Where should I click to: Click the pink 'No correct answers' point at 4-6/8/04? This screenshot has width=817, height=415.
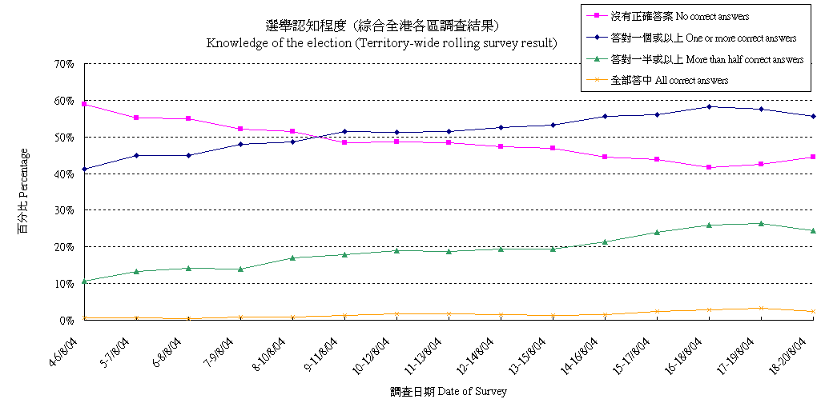click(84, 104)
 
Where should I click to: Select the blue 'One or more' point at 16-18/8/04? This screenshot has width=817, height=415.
click(709, 106)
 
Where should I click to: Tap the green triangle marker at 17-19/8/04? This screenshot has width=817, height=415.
click(761, 223)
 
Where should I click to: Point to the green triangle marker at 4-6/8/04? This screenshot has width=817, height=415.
click(84, 281)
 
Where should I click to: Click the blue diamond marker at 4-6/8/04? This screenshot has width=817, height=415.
click(84, 170)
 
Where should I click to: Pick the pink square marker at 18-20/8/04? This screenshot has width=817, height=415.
click(813, 157)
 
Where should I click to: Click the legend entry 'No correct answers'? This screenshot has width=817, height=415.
click(680, 16)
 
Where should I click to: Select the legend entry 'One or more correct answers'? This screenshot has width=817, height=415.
click(703, 38)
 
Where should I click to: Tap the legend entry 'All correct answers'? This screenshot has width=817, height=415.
click(669, 80)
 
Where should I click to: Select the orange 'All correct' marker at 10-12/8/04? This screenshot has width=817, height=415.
click(396, 313)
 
